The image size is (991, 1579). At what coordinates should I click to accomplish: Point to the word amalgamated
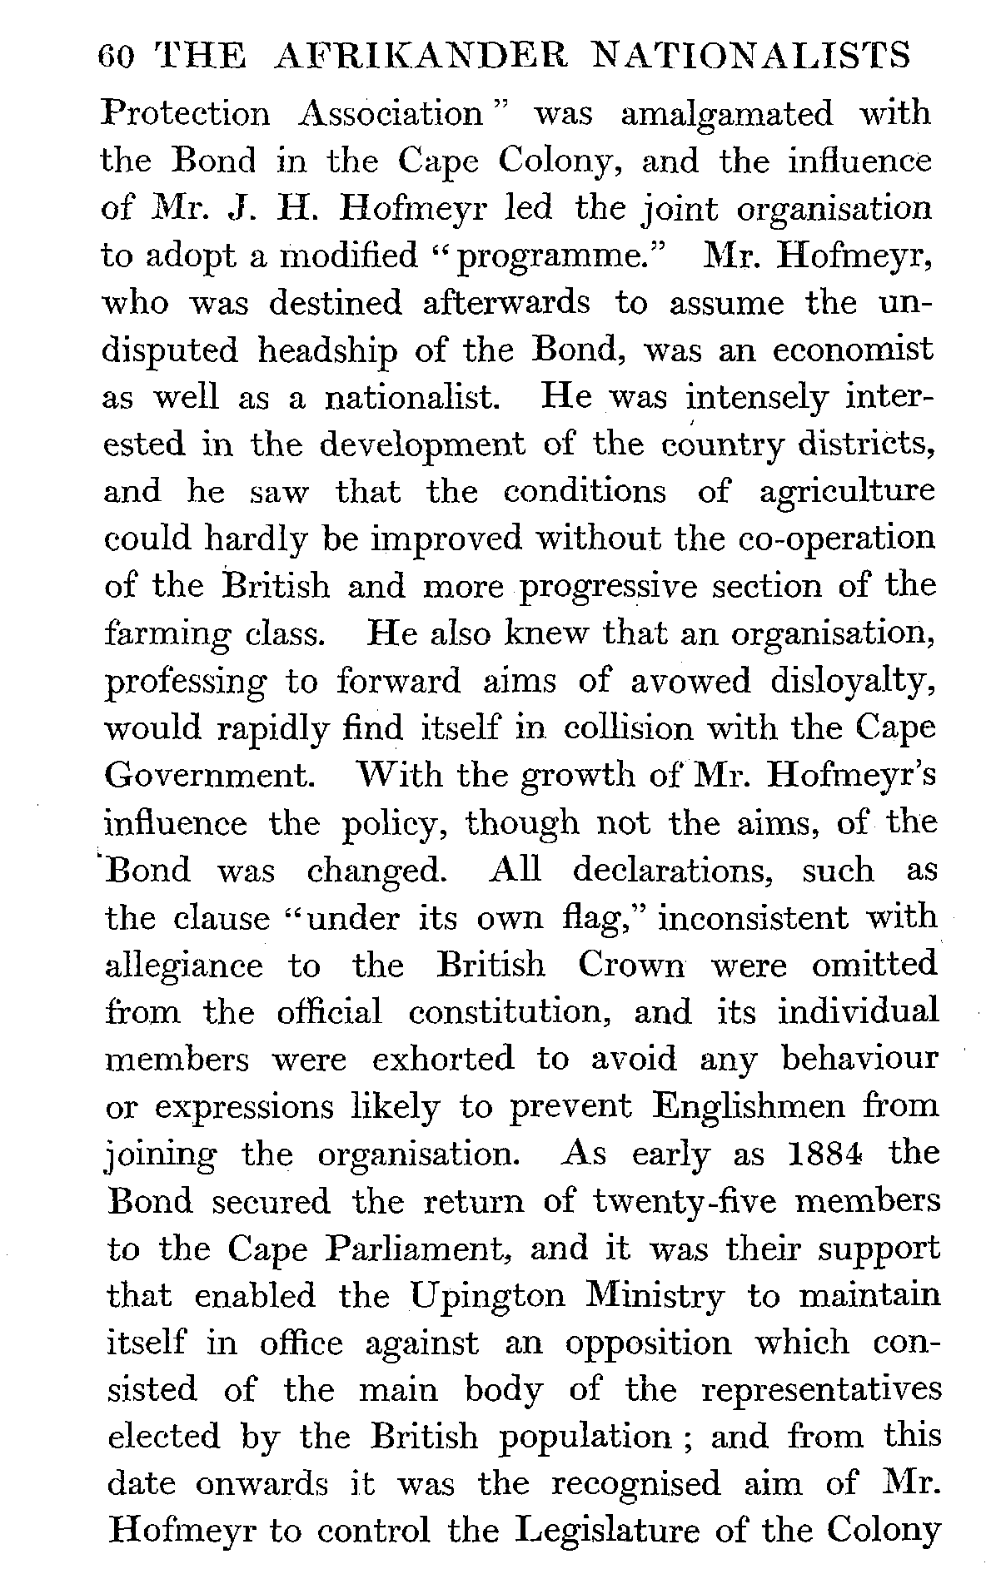726,113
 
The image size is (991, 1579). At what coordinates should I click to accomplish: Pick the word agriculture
848,491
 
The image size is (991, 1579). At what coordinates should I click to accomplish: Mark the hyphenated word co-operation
837,539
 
